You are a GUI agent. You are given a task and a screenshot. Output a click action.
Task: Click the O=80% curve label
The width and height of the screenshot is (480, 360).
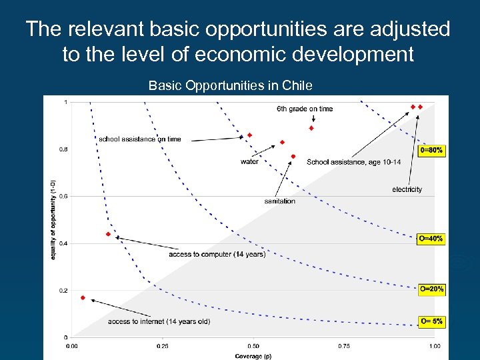click(431, 151)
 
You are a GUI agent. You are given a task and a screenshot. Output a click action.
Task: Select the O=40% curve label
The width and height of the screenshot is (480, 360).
click(431, 238)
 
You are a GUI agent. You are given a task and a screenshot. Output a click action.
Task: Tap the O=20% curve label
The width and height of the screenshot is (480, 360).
click(431, 289)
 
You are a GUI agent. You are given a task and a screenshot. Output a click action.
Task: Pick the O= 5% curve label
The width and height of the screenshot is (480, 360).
click(431, 321)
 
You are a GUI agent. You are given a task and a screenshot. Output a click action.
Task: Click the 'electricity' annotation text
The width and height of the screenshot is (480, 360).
click(407, 189)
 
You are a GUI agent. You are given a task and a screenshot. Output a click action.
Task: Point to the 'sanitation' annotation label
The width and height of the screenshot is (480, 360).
click(279, 201)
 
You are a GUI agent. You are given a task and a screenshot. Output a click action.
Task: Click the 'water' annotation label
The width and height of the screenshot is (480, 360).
click(249, 161)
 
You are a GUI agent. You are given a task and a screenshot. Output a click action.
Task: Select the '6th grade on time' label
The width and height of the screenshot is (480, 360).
click(305, 109)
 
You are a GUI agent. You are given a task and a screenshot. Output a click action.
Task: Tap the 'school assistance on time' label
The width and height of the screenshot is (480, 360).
click(139, 139)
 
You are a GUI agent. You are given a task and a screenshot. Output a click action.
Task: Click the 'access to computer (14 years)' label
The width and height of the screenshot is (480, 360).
click(217, 254)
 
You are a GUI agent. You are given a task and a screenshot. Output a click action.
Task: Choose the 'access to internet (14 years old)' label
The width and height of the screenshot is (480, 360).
click(159, 321)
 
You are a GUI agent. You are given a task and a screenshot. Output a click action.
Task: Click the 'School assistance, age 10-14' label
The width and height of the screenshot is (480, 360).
click(353, 162)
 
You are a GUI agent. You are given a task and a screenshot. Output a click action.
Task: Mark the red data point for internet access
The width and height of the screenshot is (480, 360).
click(83, 298)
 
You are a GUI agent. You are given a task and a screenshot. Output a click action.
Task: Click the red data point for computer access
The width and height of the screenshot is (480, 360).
click(108, 234)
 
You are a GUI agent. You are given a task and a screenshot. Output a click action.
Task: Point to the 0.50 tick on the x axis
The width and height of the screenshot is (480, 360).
click(253, 346)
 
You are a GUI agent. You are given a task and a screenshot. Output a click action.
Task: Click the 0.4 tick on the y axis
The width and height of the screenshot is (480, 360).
click(65, 243)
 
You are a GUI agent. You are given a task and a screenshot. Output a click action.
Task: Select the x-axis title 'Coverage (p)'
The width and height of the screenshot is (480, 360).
click(253, 356)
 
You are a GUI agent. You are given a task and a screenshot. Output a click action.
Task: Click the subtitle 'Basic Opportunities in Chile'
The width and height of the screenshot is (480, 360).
click(230, 85)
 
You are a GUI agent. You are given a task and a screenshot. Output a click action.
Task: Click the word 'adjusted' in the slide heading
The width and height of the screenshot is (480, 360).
click(411, 29)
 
